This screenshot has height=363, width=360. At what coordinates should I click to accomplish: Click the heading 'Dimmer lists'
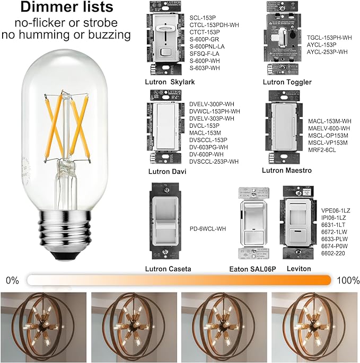[66, 8]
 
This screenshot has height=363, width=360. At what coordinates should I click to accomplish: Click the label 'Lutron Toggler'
[286, 82]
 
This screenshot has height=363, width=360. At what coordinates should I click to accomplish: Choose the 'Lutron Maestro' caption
[286, 170]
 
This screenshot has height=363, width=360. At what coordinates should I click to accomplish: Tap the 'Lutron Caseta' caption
[168, 269]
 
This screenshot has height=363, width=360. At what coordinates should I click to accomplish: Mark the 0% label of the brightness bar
[13, 280]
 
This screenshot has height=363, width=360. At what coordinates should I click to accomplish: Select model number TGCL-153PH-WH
[329, 38]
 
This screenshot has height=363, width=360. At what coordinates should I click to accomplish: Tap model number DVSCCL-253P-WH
[214, 161]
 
